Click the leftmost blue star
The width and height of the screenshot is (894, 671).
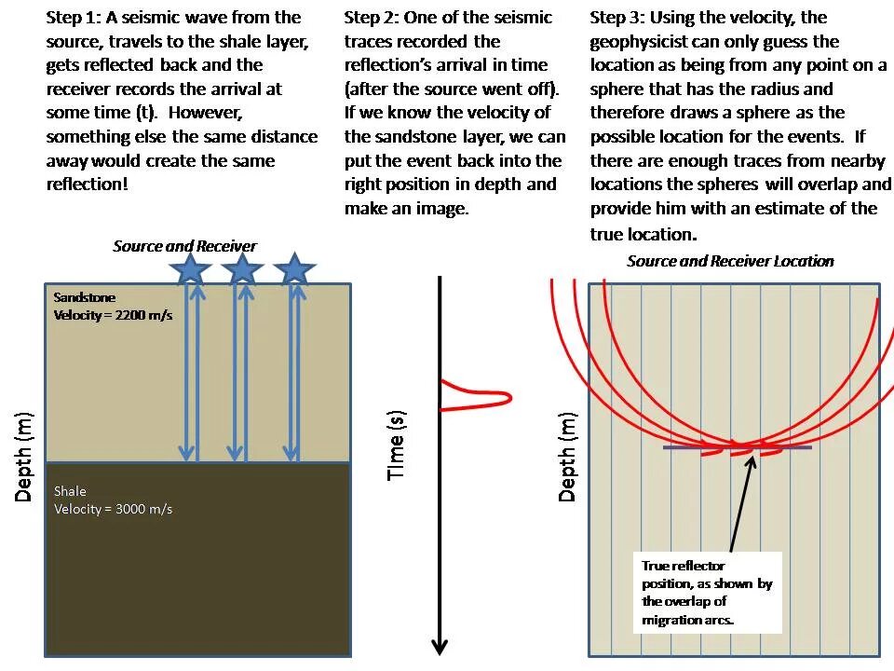pos(191,270)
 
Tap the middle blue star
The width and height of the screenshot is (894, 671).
pos(243,270)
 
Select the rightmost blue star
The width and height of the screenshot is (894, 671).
pos(295,270)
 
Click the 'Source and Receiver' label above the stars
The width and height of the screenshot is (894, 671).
pos(184,246)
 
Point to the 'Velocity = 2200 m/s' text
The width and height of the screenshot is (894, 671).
pos(114,315)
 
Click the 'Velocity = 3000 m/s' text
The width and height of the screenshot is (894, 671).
pos(113,509)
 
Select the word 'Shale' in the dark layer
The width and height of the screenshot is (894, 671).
pos(71,490)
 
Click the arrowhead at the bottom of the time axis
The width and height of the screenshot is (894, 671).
pos(440,646)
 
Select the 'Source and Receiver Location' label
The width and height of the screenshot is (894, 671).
pos(730,261)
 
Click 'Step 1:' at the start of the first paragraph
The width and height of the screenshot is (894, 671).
pos(74,18)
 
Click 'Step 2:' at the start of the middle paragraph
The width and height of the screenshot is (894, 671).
pos(372,18)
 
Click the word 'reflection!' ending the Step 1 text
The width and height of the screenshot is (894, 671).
pos(88,185)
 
